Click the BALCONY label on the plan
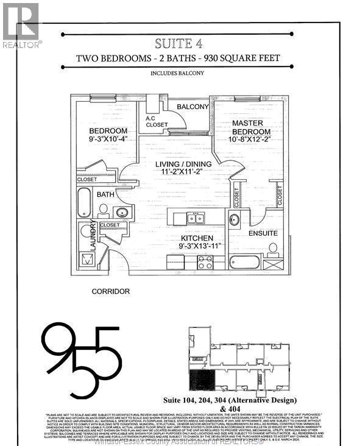pos(192,107)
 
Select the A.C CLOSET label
pos(157,122)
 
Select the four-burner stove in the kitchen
pos(205,263)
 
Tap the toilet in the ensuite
pos(274,249)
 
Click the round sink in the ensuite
pos(235,220)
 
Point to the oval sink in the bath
pos(123,213)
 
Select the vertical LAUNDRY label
pos(93,235)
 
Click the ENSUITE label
pos(263,233)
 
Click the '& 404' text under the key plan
pos(242,409)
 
